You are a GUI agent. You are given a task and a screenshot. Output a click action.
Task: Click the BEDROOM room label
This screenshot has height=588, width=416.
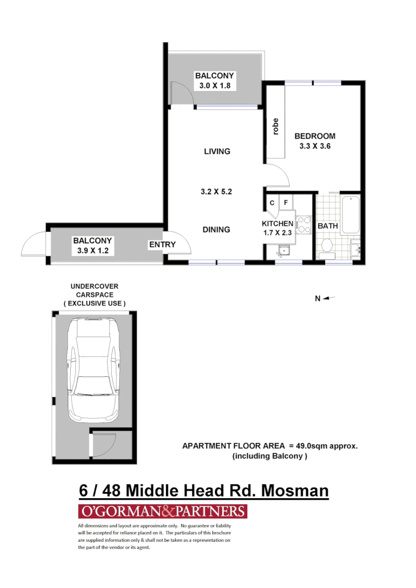coord(315,136)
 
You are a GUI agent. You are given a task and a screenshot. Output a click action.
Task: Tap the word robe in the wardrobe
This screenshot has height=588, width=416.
coord(276,126)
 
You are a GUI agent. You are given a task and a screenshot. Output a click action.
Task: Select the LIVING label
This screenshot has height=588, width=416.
coord(217,151)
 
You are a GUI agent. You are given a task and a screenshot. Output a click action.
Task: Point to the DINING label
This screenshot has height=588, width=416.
coord(216,230)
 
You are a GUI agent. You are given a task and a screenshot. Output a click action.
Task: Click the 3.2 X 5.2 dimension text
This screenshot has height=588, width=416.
coord(217,191)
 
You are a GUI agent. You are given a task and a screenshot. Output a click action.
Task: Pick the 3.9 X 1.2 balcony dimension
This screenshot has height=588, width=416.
coord(93,250)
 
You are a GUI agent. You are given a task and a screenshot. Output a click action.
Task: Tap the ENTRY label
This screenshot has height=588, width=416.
coord(162,245)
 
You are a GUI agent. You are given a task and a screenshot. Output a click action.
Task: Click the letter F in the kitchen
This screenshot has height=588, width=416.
coord(285,203)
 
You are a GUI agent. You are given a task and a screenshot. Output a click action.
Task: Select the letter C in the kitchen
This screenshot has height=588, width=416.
coord(272,203)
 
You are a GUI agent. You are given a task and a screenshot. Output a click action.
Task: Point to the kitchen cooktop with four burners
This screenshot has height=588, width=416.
coord(302,226)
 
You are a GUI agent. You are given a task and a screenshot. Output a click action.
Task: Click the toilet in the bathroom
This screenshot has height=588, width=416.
coord(327,246)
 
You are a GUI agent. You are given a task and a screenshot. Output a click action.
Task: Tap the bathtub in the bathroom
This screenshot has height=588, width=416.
coord(351,214)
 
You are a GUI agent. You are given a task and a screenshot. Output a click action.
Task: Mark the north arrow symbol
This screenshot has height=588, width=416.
coord(330,298)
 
